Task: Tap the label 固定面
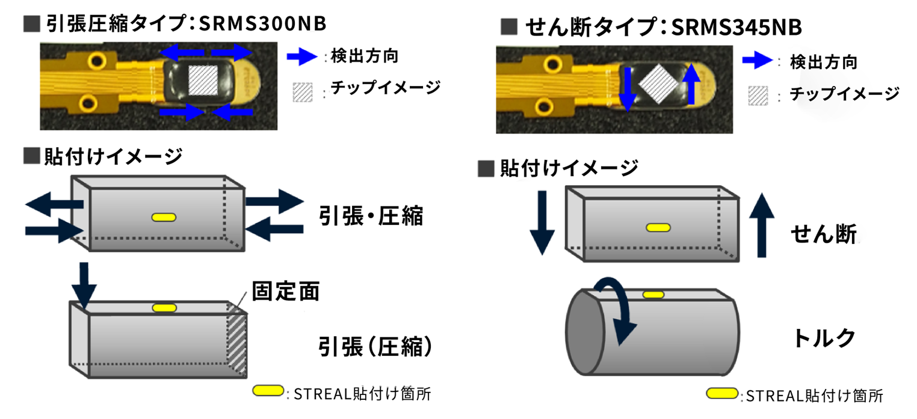[x=285, y=292]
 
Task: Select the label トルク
[x=824, y=338]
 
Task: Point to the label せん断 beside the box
[x=824, y=234]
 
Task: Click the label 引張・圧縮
[x=371, y=216]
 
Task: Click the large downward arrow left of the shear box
[x=542, y=223]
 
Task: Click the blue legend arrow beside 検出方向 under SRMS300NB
[x=301, y=57]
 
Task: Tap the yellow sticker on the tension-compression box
[x=162, y=216]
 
